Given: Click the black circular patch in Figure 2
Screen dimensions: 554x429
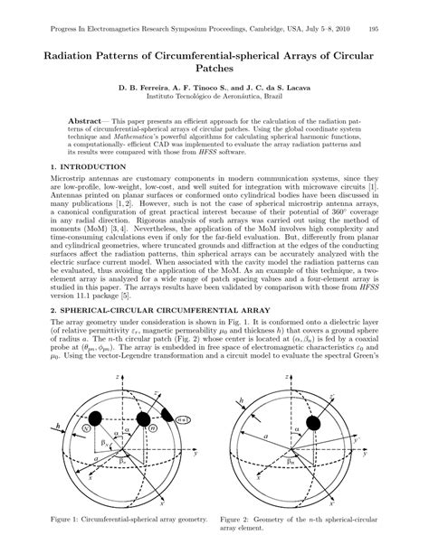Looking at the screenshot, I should [313, 422].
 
